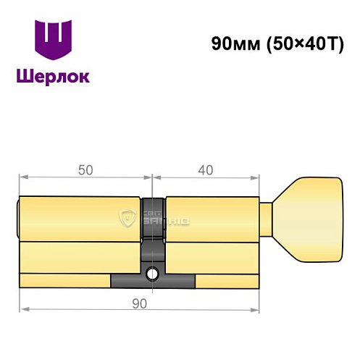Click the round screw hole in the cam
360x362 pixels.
[154, 274]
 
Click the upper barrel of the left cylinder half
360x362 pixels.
[80, 218]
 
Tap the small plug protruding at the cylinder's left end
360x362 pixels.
[17, 218]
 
